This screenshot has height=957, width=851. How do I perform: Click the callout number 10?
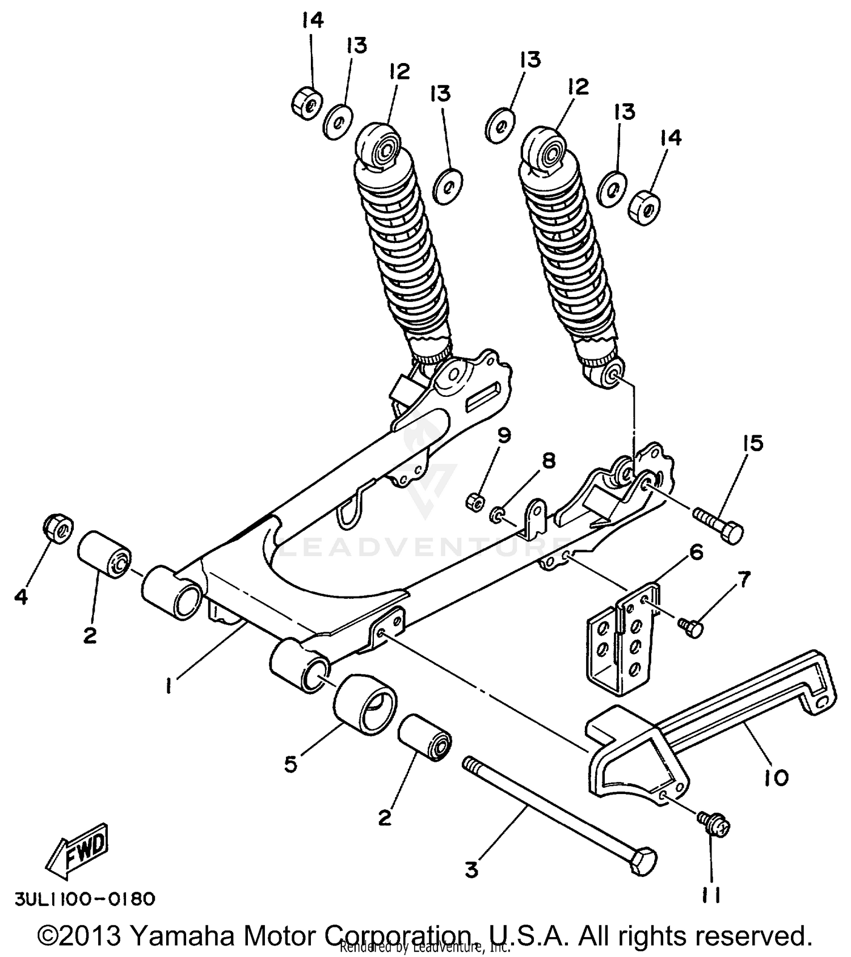click(776, 777)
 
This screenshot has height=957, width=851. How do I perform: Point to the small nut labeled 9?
click(476, 502)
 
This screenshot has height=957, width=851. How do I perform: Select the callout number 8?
click(548, 460)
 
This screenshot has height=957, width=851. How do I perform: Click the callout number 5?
click(290, 764)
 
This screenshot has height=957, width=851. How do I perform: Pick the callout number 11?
click(710, 895)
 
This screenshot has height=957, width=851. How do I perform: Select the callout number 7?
click(743, 579)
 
